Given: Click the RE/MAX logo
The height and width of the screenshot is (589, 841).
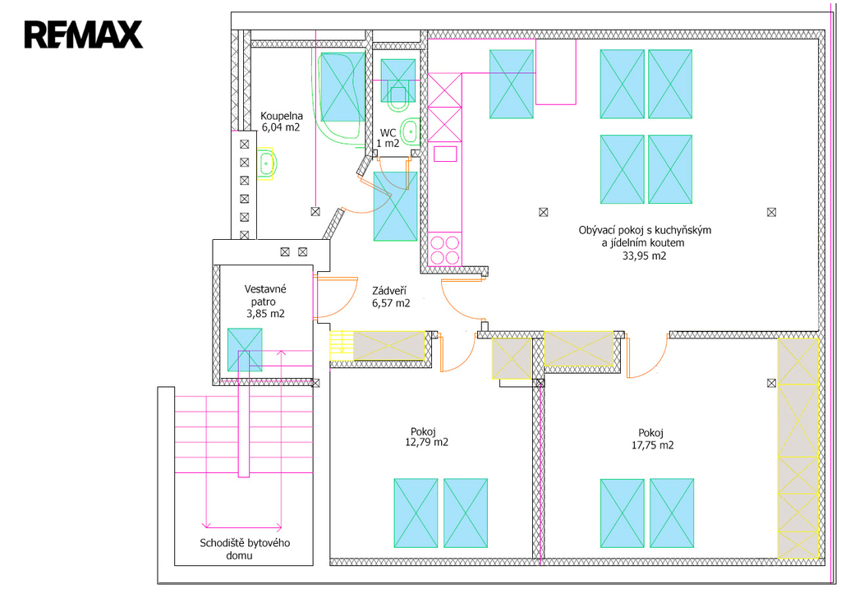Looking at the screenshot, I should tap(83, 35).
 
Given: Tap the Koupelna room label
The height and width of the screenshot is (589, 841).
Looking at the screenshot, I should tap(282, 116).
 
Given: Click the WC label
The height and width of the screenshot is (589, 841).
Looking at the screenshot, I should tap(388, 132).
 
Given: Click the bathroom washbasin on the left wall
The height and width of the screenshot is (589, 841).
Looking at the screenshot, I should tap(268, 163).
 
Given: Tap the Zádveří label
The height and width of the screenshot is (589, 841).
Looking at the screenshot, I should tap(391, 291).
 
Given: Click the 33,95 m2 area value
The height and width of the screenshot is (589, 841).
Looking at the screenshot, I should tap(644, 255).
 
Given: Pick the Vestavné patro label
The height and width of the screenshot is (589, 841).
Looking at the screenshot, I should tap(265, 295).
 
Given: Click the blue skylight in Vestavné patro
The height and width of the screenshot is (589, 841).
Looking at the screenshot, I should tap(244, 349).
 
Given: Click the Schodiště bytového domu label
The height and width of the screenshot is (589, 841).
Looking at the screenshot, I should tap(245, 549).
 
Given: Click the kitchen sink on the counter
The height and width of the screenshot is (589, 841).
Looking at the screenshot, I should tap(444, 154).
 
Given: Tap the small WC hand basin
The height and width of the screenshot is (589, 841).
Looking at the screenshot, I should tap(411, 131).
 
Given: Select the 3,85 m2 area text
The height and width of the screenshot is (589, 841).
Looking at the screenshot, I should tap(265, 313).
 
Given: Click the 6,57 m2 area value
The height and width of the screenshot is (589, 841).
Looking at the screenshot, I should tap(391, 302).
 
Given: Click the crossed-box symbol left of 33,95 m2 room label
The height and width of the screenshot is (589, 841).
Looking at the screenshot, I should tap(542, 212).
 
